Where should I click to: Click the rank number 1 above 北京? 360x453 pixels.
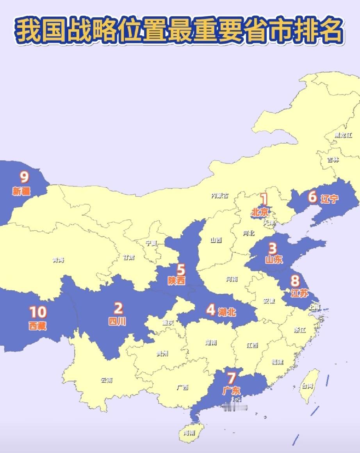(264, 199)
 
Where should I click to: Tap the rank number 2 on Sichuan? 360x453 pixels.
(118, 308)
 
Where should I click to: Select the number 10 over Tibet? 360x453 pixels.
(38, 312)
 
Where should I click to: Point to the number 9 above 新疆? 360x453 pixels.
(24, 178)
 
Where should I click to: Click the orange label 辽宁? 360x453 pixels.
(329, 199)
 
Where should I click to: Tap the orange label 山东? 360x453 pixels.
(273, 259)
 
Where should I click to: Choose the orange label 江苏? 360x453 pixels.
(299, 293)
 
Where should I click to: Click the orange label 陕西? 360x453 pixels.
(177, 281)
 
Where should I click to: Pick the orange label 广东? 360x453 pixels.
(232, 391)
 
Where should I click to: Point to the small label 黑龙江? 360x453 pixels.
(343, 135)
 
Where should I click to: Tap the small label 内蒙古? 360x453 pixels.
(219, 195)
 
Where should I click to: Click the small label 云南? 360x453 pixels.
(107, 380)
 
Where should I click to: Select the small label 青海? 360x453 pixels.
(58, 260)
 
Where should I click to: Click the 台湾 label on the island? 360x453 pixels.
(307, 386)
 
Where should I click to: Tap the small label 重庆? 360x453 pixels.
(168, 323)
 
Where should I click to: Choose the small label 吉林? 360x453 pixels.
(333, 160)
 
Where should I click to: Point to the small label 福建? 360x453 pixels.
(277, 362)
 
